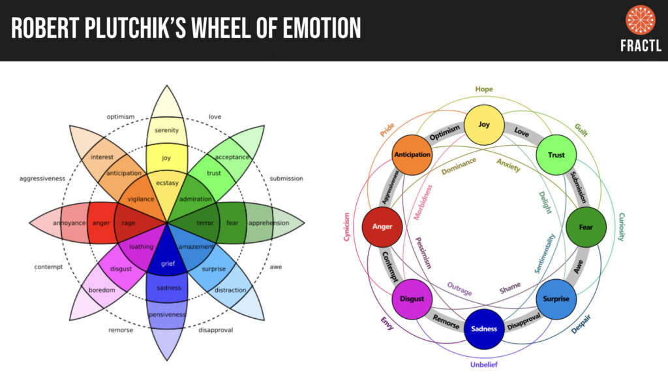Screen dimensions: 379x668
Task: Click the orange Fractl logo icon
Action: coord(640,20)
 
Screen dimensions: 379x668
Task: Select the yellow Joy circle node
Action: coord(483,124)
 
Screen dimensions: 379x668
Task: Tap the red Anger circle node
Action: coord(382,227)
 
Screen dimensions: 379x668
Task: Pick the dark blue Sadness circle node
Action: coord(483,329)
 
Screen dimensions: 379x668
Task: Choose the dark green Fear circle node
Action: coord(585,227)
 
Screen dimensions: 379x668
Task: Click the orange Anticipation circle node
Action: coord(412,155)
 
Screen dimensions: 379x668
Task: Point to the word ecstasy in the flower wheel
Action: coord(166,182)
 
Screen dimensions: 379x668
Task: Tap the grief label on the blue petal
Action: coord(167,264)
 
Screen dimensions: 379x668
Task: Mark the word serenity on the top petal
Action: coord(166,130)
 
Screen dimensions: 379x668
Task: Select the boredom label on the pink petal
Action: coord(102,289)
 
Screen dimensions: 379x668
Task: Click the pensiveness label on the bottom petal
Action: coord(167,314)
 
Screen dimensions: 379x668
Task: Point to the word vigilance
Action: coord(140,199)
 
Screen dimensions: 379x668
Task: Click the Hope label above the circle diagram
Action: coord(484,89)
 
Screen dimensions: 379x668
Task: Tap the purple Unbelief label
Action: coord(483,364)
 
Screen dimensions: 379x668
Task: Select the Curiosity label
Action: coord(621,227)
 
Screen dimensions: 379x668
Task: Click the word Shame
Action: coord(510,288)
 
